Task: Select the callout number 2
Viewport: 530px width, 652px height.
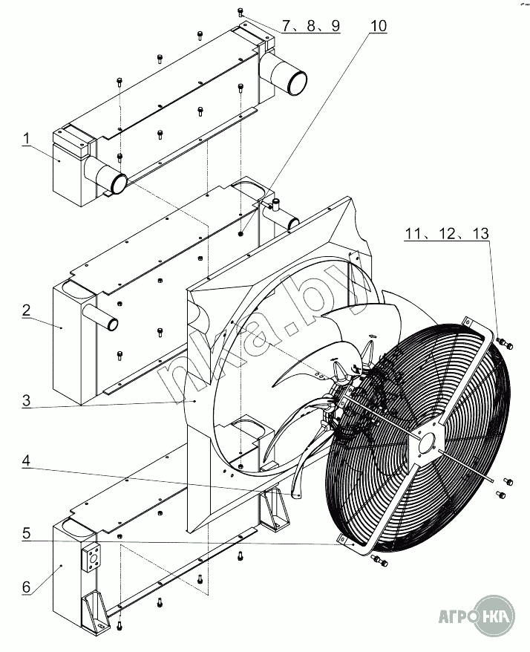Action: tap(26, 310)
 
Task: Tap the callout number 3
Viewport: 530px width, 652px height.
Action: tap(26, 401)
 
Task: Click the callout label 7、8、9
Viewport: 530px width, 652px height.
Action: tap(310, 25)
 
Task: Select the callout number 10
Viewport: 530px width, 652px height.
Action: tap(378, 25)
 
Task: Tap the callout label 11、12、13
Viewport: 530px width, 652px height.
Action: tap(447, 233)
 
